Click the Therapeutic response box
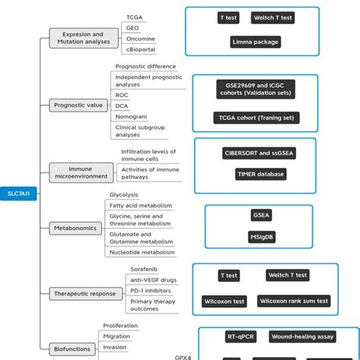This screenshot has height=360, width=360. (85, 293)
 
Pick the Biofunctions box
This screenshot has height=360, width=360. (74, 349)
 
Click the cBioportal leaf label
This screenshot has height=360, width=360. (141, 50)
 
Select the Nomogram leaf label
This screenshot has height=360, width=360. (131, 116)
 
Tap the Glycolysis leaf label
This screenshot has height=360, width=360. (124, 194)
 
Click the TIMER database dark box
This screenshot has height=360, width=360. (261, 174)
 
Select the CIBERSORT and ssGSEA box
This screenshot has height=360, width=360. (261, 152)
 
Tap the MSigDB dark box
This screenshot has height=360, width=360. (261, 237)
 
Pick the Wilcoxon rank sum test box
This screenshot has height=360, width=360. (294, 302)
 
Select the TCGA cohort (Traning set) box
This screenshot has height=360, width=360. (257, 118)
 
